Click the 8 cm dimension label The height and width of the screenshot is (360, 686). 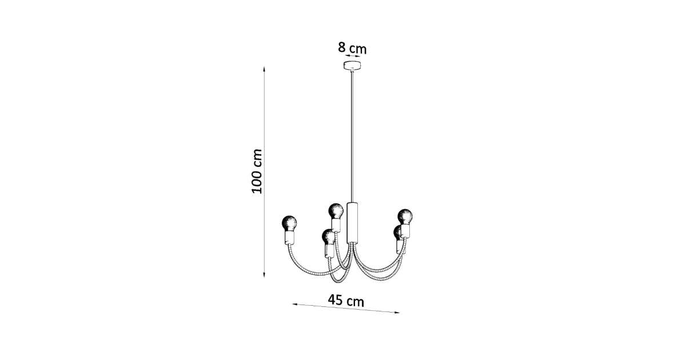tap(352, 49)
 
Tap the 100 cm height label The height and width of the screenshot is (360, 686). tap(257, 171)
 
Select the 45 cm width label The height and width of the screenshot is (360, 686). tap(346, 301)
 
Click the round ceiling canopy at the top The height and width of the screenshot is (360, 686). tap(352, 65)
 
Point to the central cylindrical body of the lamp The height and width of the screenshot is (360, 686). tap(352, 223)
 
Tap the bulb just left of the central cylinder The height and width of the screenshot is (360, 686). tap(336, 211)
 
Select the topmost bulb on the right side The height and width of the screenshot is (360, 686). tap(405, 217)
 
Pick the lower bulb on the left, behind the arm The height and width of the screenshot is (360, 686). tap(328, 237)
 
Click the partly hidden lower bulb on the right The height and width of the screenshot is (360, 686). tap(397, 233)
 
